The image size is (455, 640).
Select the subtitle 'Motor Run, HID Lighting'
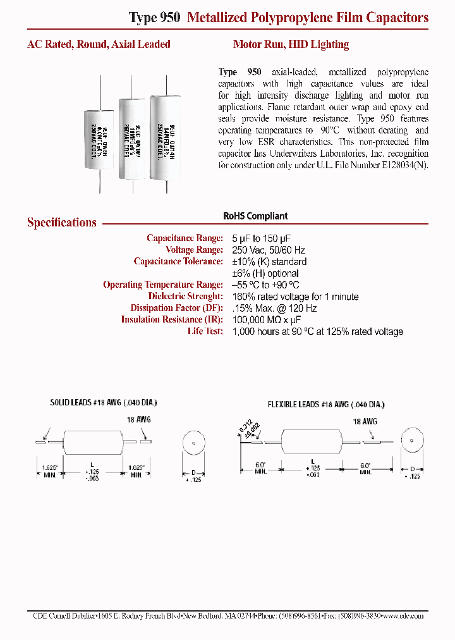(291, 44)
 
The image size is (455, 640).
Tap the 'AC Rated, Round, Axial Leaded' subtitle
(99, 44)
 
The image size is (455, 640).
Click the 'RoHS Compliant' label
(255, 216)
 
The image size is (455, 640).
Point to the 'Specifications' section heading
(62, 223)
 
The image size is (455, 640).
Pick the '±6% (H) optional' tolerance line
(265, 273)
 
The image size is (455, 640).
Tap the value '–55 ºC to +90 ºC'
(266, 285)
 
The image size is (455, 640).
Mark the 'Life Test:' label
(205, 331)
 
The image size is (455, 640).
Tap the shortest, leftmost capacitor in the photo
(100, 140)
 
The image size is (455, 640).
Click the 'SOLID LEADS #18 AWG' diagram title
(103, 403)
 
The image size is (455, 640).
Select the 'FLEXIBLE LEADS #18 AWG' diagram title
(325, 404)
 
